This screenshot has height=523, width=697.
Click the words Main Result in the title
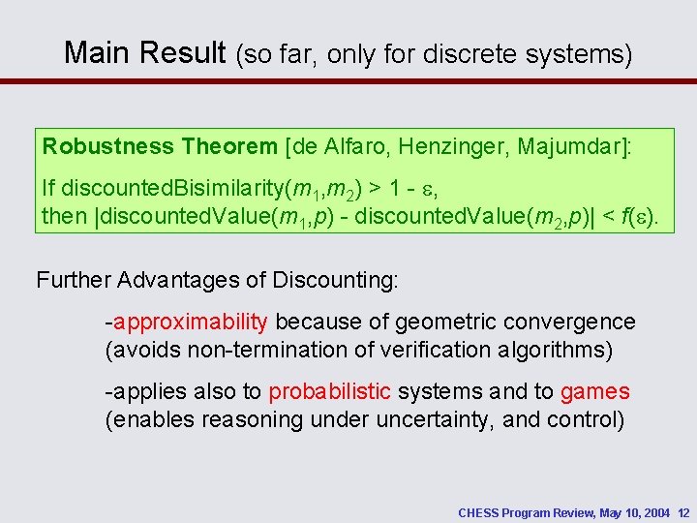coord(144,52)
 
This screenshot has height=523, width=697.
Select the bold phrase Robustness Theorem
coord(160,147)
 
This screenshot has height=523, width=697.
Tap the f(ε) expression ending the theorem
coord(631,215)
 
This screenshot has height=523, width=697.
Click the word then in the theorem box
coord(64,215)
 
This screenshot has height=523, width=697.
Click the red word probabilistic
coord(329,391)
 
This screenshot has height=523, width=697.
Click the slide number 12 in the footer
coord(682,512)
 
